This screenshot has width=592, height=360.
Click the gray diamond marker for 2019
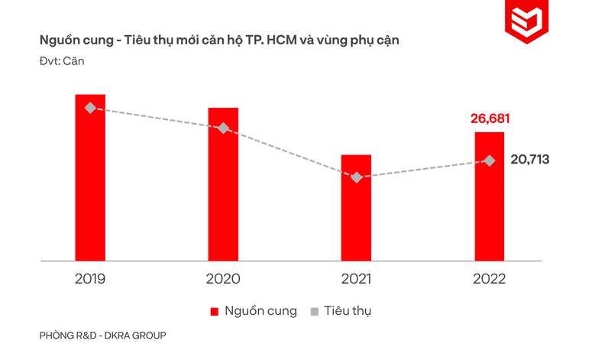click(90, 108)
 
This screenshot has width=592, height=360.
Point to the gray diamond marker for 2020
click(223, 128)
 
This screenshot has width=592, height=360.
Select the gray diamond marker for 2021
click(356, 177)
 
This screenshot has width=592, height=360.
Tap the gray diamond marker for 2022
click(490, 161)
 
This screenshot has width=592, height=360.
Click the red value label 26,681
click(490, 118)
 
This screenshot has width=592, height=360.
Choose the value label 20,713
click(529, 160)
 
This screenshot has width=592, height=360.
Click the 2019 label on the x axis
click(90, 278)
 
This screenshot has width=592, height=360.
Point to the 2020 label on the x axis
click(223, 278)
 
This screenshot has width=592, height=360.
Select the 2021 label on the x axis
click(356, 278)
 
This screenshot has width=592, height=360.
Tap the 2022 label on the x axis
click(490, 278)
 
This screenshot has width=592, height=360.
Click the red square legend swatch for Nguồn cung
click(215, 312)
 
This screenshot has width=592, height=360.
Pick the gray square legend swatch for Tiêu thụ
click(314, 312)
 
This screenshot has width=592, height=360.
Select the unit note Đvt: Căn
click(61, 61)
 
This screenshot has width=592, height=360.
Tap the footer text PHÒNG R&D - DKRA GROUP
click(102, 336)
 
